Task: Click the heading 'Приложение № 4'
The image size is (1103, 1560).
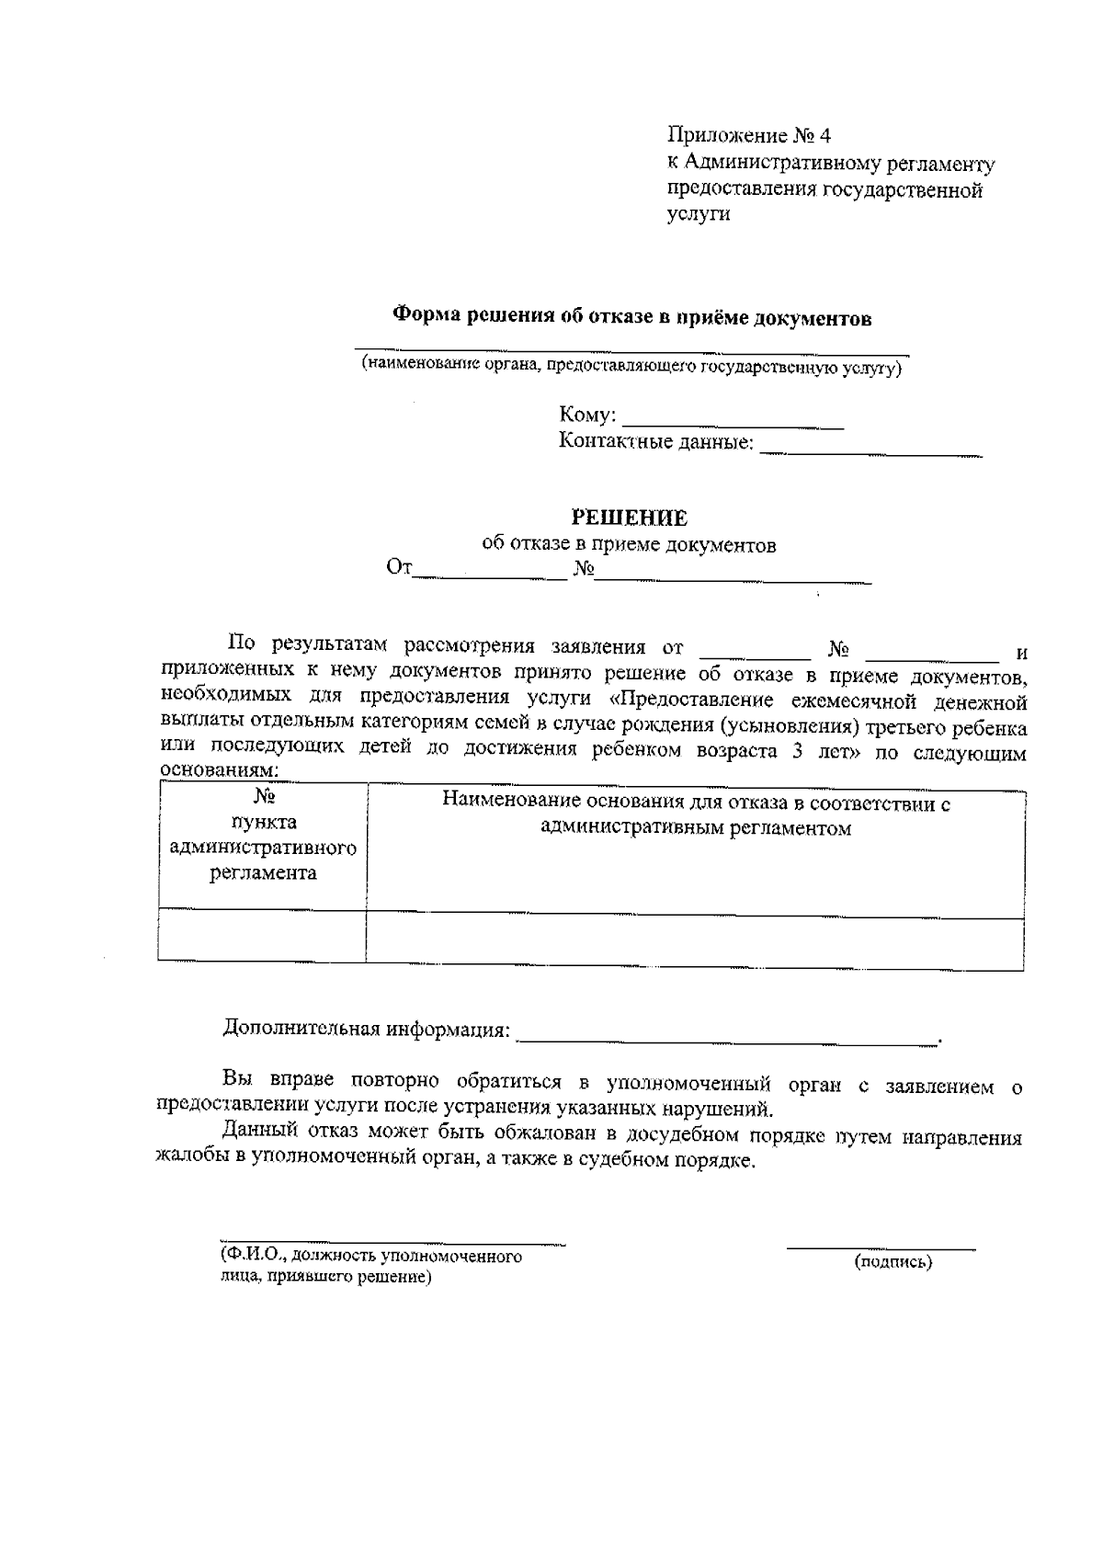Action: pyautogui.click(x=748, y=136)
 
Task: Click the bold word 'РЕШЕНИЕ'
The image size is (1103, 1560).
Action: pyautogui.click(x=630, y=518)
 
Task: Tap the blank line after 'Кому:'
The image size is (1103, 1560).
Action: pyautogui.click(x=733, y=424)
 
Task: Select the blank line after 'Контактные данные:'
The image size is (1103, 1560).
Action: pyautogui.click(x=870, y=451)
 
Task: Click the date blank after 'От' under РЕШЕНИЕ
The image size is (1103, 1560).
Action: pyautogui.click(x=490, y=575)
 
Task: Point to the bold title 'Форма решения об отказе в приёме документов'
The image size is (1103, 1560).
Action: pyautogui.click(x=631, y=318)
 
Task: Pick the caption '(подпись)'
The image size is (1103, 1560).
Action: pyautogui.click(x=893, y=1262)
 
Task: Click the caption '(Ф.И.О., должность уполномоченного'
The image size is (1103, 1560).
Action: pyautogui.click(x=370, y=1256)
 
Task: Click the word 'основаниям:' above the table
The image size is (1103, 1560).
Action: pyautogui.click(x=218, y=770)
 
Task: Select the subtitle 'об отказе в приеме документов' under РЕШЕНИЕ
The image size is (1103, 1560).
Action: pyautogui.click(x=630, y=545)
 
